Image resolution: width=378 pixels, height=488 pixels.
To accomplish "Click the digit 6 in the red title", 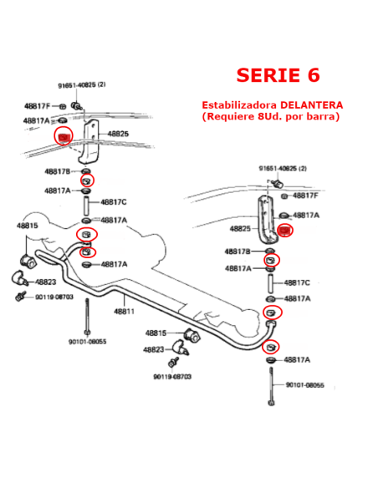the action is [x=314, y=75].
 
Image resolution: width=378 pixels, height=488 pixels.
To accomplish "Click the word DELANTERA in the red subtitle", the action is [x=312, y=105].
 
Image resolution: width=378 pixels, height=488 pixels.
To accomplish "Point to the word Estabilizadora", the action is [x=239, y=105].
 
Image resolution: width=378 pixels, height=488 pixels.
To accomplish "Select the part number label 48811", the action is [x=124, y=311].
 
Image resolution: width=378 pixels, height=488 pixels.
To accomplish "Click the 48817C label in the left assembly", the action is [x=114, y=202].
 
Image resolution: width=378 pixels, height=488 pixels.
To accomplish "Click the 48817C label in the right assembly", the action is [x=297, y=283].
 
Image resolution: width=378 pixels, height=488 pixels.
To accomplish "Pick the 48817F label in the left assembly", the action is [x=37, y=106].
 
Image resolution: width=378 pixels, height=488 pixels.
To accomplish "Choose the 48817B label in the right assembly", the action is [x=238, y=252].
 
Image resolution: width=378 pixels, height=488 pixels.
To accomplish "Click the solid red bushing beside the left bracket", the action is [x=64, y=137].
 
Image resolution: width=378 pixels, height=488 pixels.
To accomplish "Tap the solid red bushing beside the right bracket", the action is [x=284, y=231].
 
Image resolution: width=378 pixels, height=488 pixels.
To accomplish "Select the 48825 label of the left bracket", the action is [x=118, y=134].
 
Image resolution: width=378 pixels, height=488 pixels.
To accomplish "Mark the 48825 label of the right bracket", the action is [x=240, y=229].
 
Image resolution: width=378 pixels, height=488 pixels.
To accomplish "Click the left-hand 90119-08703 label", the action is [x=54, y=297].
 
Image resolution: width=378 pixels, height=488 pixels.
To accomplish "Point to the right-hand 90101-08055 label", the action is [x=305, y=385].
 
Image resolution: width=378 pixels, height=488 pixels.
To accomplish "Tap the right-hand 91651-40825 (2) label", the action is [x=283, y=168].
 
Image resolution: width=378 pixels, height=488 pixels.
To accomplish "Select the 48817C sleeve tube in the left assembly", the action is [x=86, y=206].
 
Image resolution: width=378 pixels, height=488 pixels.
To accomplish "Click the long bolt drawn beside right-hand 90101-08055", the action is [x=271, y=386].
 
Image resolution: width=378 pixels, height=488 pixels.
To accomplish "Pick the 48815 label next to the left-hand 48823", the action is [x=27, y=226].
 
